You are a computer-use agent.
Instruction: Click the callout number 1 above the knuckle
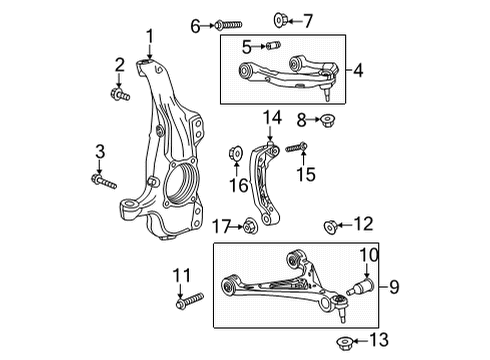click(x=150, y=39)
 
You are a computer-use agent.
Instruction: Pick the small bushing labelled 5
click(x=271, y=46)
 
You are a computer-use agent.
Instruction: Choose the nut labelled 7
click(x=252, y=19)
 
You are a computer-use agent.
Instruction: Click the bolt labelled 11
click(x=190, y=298)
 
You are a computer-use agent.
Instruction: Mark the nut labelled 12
click(x=331, y=225)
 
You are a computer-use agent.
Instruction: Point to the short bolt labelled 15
click(x=297, y=149)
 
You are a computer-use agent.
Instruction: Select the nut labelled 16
click(x=237, y=152)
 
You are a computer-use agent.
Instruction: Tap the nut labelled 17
click(x=248, y=227)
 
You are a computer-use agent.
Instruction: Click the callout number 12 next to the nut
click(x=363, y=224)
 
